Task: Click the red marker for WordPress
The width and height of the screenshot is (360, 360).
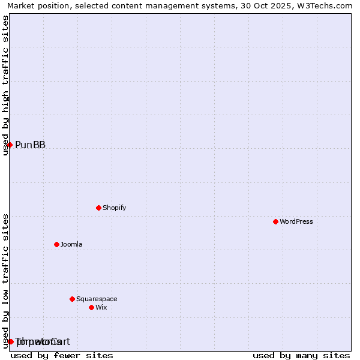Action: pos(275,221)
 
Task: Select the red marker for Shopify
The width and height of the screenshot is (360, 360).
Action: pos(98,208)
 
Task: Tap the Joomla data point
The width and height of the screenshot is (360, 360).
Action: pos(56,244)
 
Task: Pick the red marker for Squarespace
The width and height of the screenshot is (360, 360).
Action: pos(72,299)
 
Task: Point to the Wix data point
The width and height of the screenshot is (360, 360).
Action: pos(91,307)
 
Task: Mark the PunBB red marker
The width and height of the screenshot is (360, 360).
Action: pos(10,145)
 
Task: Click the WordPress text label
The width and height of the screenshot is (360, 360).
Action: pos(296,221)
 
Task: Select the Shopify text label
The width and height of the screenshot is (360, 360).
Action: pos(115,208)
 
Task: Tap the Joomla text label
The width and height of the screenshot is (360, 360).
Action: pos(71,244)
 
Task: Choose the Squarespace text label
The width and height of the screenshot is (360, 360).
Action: pos(97,299)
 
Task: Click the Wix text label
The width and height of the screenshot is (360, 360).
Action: pos(101,307)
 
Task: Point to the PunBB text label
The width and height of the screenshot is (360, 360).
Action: pos(30,145)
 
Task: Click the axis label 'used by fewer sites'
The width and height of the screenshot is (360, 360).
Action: pos(62,355)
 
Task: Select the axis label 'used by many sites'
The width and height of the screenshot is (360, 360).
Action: pos(301,355)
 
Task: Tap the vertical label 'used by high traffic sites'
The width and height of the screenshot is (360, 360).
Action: pos(5,85)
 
